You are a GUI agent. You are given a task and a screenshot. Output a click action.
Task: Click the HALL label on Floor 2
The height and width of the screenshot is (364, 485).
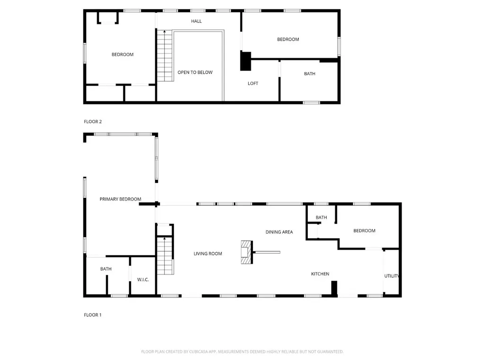(196, 21)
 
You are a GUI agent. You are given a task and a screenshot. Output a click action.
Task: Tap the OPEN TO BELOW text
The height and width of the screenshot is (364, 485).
(195, 72)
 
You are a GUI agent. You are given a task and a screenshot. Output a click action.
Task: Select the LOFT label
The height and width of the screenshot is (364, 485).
(253, 83)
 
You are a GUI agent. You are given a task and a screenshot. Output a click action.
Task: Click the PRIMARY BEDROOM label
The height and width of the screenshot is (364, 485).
(120, 199)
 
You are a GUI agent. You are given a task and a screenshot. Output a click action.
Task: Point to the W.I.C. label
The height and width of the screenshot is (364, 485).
(143, 280)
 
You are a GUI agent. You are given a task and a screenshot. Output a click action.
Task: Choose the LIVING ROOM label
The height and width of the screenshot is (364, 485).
(207, 254)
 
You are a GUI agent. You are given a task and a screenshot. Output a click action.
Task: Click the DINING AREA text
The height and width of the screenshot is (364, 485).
(279, 232)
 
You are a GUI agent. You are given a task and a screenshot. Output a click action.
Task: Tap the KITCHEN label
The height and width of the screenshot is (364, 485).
(320, 273)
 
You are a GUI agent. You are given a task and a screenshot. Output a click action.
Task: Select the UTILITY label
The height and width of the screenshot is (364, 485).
(392, 276)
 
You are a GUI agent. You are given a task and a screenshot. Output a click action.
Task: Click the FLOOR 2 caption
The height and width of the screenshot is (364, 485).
(93, 122)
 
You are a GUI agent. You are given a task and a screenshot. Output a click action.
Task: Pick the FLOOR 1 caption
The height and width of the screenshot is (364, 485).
(92, 315)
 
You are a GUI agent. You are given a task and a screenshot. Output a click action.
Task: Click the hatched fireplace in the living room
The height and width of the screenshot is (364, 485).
(247, 252)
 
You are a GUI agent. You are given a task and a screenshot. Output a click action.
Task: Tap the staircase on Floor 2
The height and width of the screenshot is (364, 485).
(165, 56)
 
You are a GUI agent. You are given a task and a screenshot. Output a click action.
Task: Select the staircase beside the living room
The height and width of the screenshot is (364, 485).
(165, 255)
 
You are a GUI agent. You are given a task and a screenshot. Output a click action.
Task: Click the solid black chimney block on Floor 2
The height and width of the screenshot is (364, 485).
(246, 61)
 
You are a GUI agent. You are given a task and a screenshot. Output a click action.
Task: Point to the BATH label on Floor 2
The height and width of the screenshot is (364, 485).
(310, 73)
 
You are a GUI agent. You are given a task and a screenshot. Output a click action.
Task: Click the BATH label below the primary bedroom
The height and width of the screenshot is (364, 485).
(106, 269)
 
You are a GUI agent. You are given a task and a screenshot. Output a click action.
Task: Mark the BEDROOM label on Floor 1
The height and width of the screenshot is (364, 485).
(364, 231)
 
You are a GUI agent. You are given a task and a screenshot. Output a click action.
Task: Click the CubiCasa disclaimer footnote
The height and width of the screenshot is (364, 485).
(242, 352)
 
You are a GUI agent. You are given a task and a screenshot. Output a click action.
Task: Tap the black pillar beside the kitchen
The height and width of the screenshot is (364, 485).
(334, 289)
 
